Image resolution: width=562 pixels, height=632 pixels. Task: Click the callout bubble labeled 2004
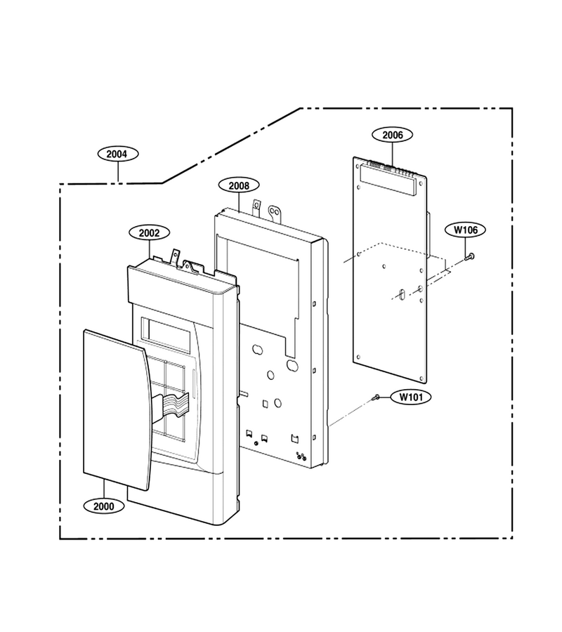click(x=118, y=154)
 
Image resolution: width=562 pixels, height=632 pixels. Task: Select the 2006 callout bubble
click(x=392, y=135)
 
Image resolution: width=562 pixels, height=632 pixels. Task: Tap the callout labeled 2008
click(x=239, y=186)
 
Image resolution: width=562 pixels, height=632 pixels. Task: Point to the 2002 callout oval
click(x=149, y=233)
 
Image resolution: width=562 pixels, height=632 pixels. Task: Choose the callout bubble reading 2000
click(x=104, y=506)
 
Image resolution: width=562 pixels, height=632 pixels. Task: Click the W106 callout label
click(x=466, y=230)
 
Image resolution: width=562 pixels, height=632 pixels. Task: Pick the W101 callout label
click(x=411, y=397)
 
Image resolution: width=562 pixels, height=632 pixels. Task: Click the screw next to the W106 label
click(x=469, y=256)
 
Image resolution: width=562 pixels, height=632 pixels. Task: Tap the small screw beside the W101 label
click(x=376, y=397)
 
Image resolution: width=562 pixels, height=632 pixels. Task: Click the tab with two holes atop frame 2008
click(x=276, y=213)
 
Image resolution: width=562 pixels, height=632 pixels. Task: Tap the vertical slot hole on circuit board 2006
click(x=400, y=294)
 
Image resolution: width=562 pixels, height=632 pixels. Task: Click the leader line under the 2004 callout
click(x=118, y=173)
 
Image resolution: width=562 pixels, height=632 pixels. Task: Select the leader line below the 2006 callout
click(x=392, y=154)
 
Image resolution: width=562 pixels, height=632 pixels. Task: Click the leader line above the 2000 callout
click(x=104, y=489)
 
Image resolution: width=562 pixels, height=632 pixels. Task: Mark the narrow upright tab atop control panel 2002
click(x=176, y=257)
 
